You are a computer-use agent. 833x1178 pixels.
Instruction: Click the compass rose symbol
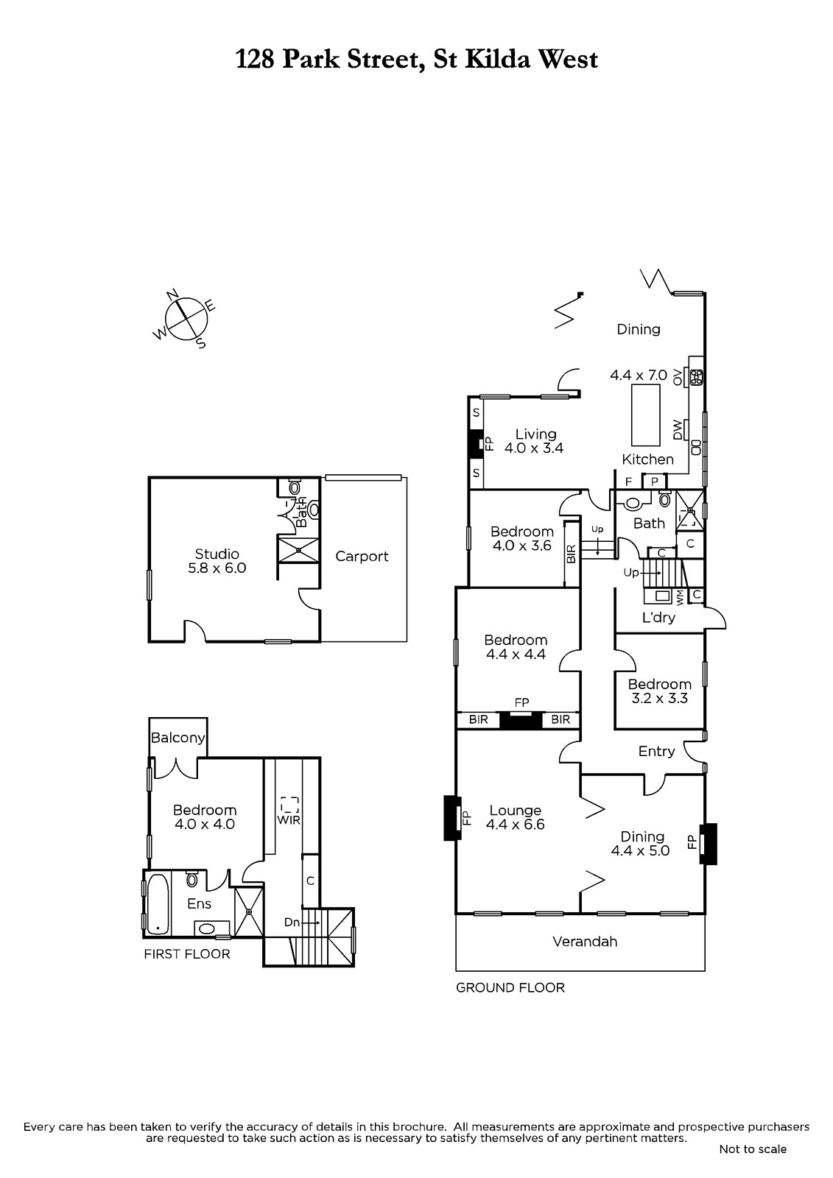point(185,319)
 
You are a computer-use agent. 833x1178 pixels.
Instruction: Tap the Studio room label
point(217,554)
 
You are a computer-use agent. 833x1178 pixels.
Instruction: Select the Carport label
point(362,557)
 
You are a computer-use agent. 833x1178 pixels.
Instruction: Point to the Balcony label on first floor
point(178,738)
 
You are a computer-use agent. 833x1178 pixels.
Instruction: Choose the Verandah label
point(585,942)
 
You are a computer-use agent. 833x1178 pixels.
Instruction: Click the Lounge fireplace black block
point(452,818)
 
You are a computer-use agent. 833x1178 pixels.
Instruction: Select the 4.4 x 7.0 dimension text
point(639,375)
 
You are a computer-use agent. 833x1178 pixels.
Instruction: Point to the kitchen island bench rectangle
point(645,415)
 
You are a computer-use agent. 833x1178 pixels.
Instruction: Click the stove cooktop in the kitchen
point(697,378)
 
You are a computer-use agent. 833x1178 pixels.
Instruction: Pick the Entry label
point(656,752)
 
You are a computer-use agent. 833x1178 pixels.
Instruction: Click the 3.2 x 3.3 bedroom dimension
point(659,698)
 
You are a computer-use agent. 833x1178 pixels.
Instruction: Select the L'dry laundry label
point(658,617)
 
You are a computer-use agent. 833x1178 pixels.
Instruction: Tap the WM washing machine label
point(680,597)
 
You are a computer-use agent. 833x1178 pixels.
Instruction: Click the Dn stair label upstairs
point(292,922)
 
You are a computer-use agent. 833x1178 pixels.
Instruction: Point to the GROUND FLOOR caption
point(510,987)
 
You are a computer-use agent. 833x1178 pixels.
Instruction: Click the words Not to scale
point(753,1164)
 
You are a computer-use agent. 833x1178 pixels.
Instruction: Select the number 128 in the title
point(255,60)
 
